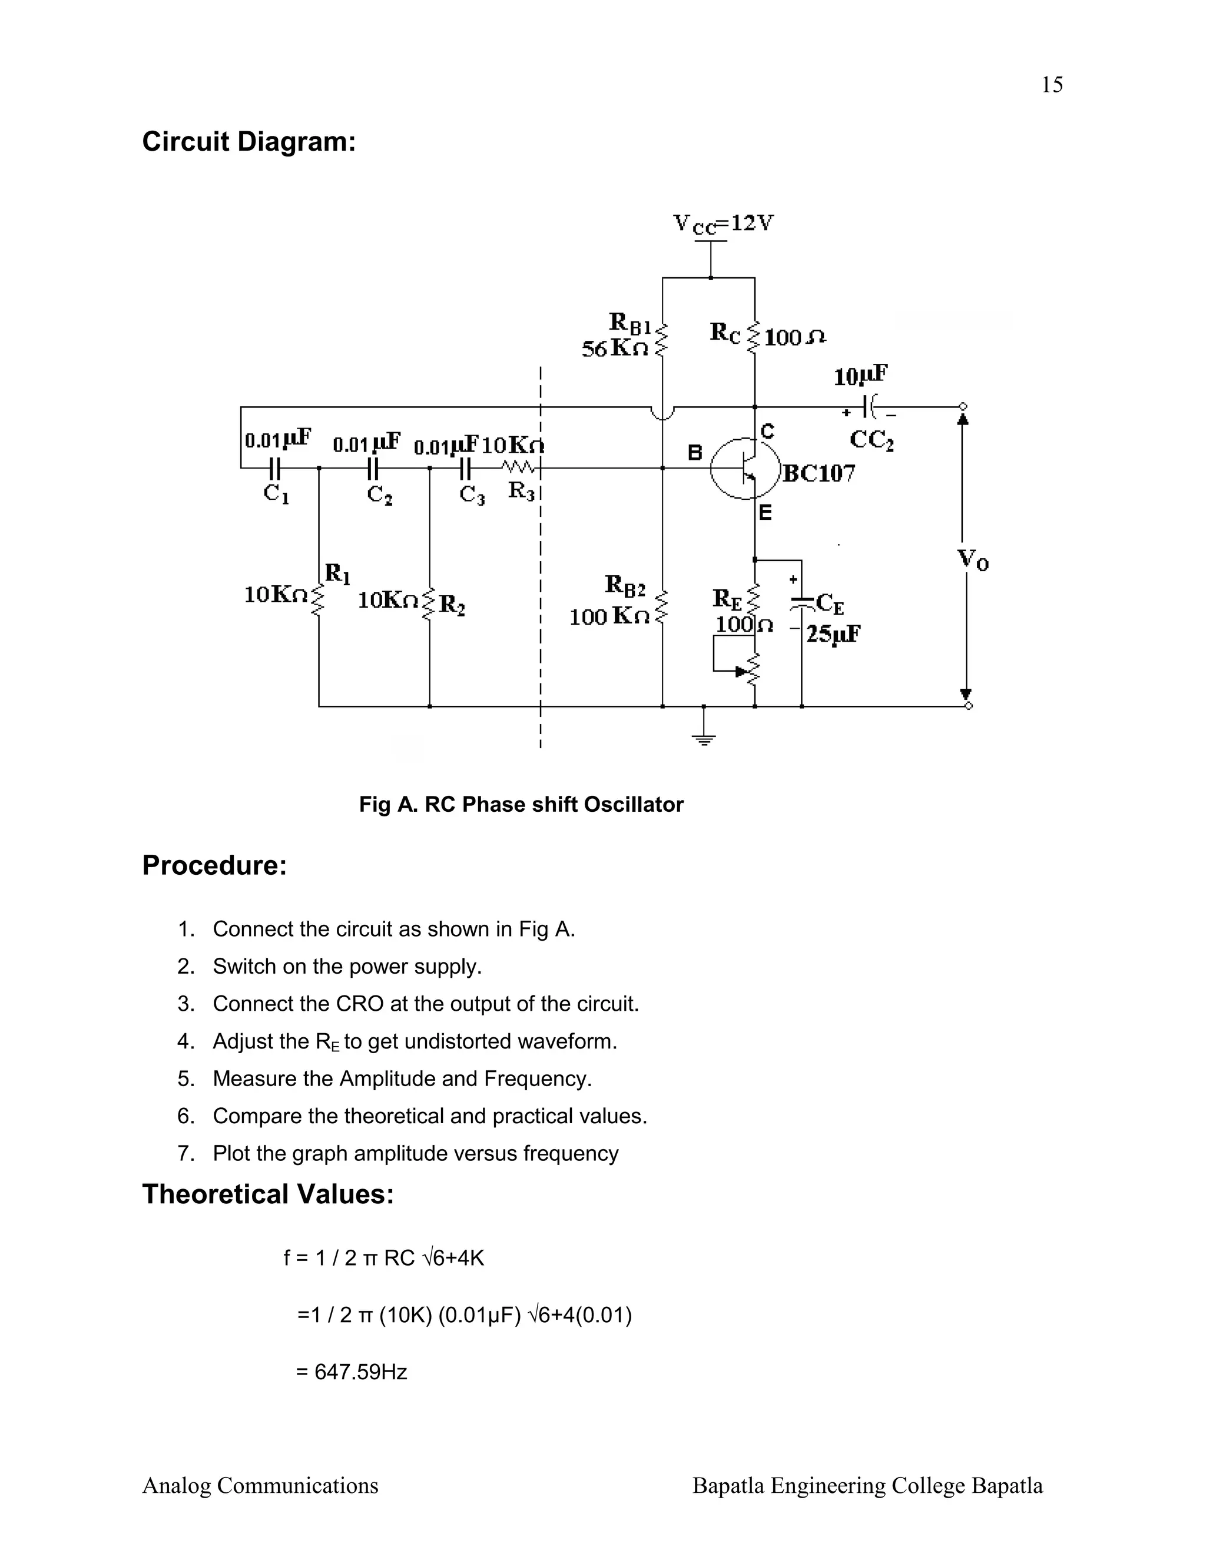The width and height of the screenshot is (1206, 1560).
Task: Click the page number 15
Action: (1052, 85)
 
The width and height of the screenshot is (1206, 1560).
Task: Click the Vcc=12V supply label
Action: (723, 224)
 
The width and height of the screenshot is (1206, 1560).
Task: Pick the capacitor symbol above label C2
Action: (372, 469)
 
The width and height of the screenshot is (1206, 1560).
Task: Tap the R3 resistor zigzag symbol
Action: (519, 468)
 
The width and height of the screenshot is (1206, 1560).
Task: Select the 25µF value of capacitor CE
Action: (833, 633)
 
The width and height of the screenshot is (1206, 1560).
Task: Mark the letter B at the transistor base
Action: (694, 453)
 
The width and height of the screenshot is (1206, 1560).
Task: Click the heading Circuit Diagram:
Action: (249, 141)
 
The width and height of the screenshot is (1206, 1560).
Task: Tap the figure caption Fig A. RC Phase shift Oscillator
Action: (521, 804)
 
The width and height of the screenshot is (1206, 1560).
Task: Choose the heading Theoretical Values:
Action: (268, 1194)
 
